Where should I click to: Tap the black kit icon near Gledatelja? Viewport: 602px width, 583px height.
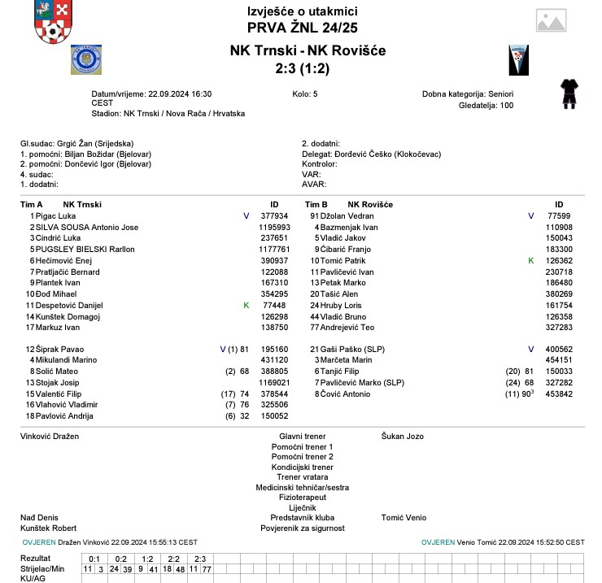(x=569, y=94)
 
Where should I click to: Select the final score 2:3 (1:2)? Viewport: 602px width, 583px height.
(x=302, y=69)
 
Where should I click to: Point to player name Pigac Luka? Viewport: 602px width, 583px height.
(x=55, y=215)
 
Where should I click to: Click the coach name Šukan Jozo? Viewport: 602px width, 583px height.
(x=403, y=437)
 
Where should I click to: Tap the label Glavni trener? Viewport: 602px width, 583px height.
(x=302, y=437)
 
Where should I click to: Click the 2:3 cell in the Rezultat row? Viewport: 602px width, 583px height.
(x=200, y=559)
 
